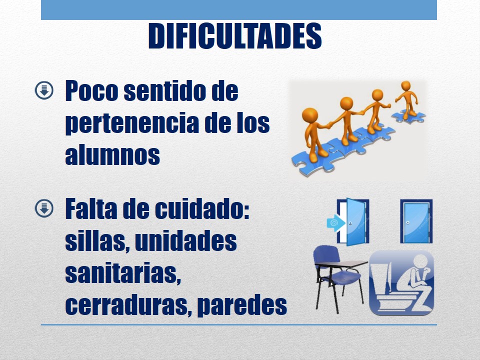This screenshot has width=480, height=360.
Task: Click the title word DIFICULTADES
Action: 235,36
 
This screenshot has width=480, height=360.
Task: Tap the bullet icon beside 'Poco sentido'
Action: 44,90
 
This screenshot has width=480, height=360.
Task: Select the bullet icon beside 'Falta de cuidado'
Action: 44,209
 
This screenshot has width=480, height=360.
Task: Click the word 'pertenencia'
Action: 132,123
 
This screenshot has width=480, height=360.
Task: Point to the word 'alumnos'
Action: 112,155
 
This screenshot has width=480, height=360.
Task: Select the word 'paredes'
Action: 242,305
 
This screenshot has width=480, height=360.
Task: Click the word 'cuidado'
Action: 202,209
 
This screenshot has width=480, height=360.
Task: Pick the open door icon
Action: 353,221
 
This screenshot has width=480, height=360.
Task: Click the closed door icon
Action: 416,221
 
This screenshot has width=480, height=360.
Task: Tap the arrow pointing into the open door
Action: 336,222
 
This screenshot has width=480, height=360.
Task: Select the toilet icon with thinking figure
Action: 401,283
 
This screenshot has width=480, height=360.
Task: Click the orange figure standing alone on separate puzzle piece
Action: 407,100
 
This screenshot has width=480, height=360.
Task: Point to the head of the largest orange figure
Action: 310,115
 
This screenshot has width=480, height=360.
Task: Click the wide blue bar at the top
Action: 239,10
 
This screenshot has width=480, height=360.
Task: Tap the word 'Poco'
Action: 91,91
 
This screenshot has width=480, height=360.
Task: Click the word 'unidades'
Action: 186,240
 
